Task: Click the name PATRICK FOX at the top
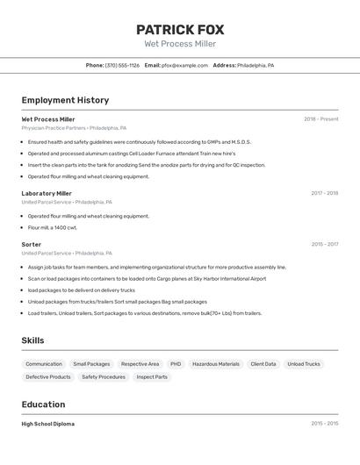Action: tap(180, 29)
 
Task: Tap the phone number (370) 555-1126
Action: tap(122, 65)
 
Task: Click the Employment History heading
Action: tap(65, 100)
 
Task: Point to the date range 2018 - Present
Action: tap(320, 119)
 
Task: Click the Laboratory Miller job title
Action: tap(47, 193)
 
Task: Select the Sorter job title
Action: tap(32, 245)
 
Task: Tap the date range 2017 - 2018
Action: tap(324, 193)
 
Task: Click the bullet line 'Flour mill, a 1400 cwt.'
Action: tap(53, 227)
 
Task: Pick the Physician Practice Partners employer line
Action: tap(73, 128)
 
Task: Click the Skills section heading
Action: tap(33, 340)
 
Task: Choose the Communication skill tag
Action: tap(44, 364)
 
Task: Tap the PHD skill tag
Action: tap(176, 364)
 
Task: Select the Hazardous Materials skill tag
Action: tap(215, 364)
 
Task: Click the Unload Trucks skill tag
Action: tap(304, 364)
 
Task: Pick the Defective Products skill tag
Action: tap(48, 377)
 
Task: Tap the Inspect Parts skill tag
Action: tap(152, 377)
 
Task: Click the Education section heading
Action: tap(43, 404)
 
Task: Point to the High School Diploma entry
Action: tap(48, 424)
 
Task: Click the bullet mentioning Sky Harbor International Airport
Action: tap(147, 279)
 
